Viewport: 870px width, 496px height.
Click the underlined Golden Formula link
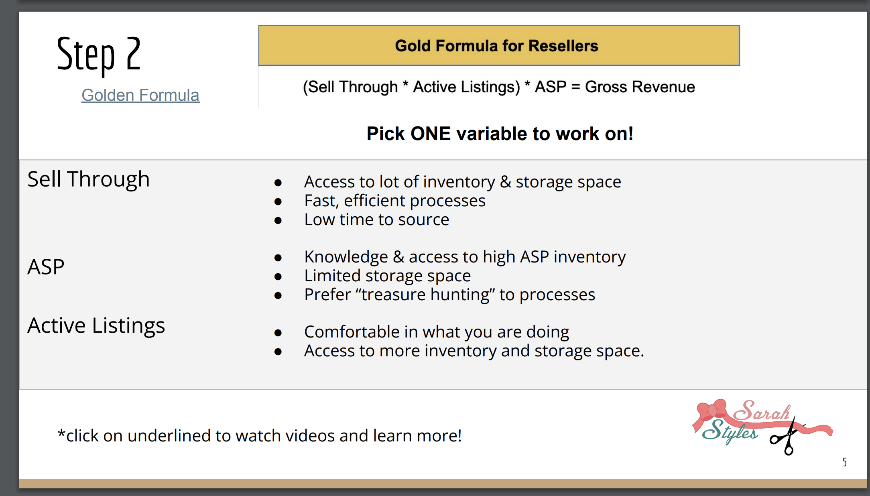[140, 96]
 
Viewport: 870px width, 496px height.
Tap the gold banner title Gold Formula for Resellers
[496, 46]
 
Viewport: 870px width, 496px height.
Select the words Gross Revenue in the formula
[640, 87]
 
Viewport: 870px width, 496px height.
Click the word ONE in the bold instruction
[431, 134]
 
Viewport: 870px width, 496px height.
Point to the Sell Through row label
[88, 179]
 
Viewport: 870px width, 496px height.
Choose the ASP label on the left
[46, 267]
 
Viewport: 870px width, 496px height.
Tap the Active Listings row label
[96, 326]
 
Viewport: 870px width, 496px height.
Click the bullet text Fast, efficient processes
[394, 201]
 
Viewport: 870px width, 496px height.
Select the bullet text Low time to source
[376, 220]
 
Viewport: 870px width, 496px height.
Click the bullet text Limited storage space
[387, 276]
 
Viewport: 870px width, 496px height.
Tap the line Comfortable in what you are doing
[437, 332]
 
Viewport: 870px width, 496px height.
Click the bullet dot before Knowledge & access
[278, 258]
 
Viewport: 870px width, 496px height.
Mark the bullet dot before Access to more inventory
[278, 352]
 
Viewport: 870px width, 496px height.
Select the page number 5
[845, 462]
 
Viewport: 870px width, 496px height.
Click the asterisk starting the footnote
[61, 433]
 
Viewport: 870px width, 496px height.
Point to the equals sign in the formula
[575, 87]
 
